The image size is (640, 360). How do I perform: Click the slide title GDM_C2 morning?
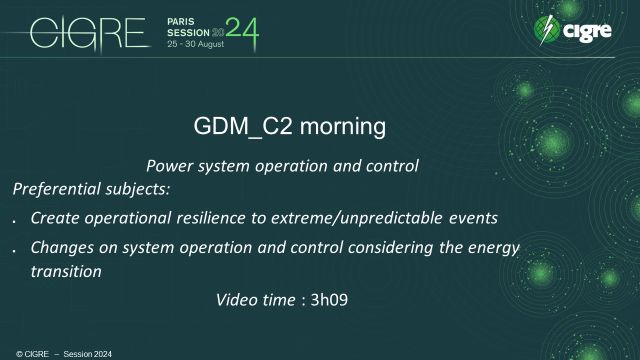(288, 128)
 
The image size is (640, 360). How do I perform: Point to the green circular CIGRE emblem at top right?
(546, 31)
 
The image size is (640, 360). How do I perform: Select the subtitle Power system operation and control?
(281, 166)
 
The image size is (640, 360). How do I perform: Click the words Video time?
(256, 298)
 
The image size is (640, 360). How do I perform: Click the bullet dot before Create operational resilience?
(14, 220)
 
